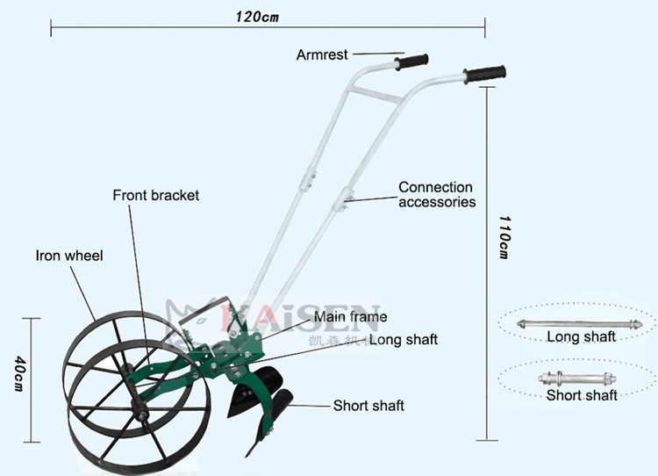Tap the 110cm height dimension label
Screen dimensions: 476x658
(x=504, y=236)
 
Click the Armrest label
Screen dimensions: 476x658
(x=322, y=54)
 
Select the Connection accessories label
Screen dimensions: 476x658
(x=436, y=194)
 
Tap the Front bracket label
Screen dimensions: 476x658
(x=156, y=195)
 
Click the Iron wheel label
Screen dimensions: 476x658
(x=69, y=256)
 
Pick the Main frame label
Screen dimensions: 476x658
(x=351, y=317)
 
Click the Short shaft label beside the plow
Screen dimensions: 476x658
(x=368, y=406)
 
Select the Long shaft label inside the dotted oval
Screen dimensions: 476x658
(x=581, y=336)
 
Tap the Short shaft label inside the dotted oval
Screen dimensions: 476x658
(x=582, y=395)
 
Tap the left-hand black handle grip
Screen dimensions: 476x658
(x=412, y=62)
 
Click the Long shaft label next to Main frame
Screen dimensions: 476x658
(x=403, y=339)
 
